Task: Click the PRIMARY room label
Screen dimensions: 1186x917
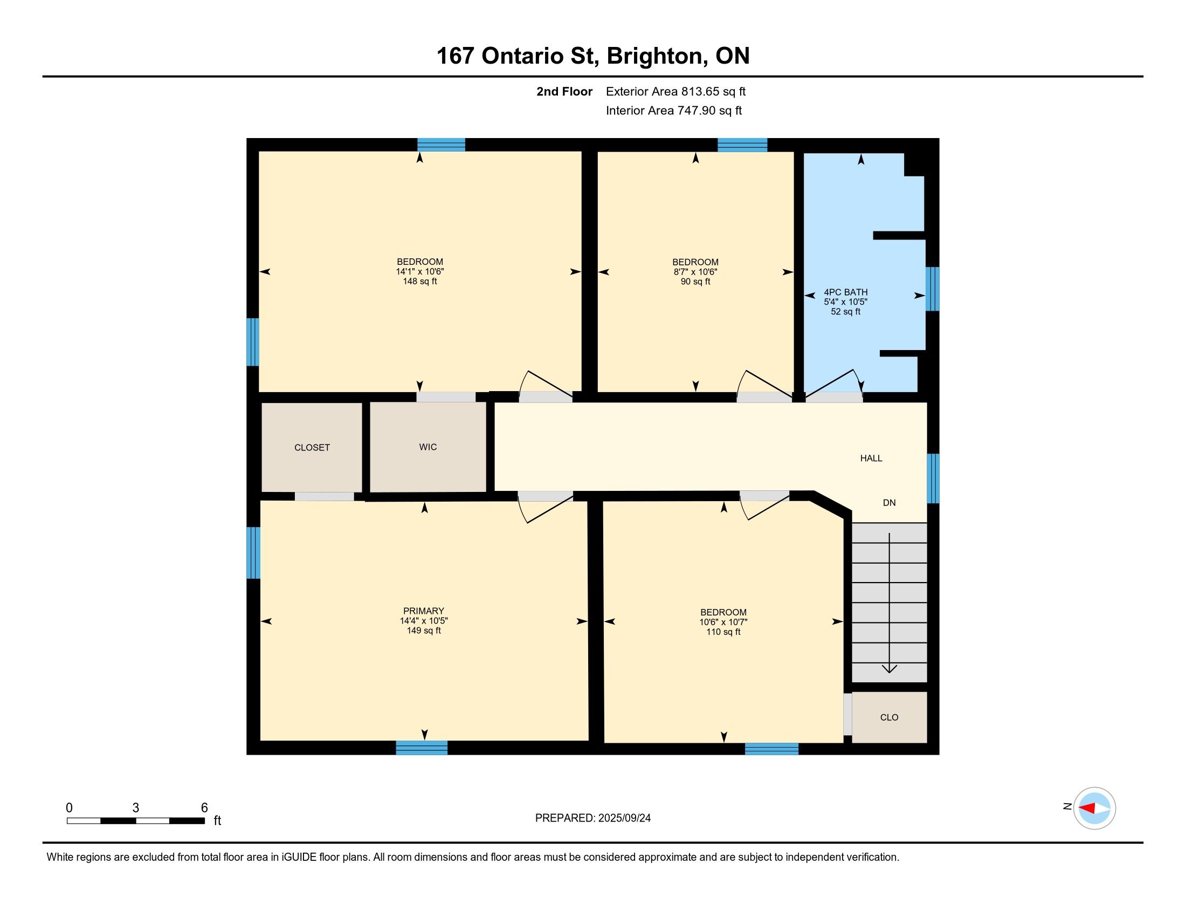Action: point(424,611)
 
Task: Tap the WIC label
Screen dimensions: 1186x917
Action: point(428,447)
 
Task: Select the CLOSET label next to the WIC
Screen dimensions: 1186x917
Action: point(312,448)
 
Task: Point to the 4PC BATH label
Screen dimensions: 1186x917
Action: point(845,292)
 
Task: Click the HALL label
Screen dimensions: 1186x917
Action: point(871,458)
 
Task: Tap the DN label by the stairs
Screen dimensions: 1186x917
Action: point(889,503)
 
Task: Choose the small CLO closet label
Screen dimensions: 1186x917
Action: point(889,717)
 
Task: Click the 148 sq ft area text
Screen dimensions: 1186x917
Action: point(420,282)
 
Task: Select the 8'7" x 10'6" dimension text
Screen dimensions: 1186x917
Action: point(695,272)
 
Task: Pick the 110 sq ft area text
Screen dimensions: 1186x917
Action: point(723,632)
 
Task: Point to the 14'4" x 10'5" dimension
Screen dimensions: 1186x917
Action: point(424,621)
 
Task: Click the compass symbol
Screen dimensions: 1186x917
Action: point(1094,809)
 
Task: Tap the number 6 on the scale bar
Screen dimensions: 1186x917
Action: point(204,808)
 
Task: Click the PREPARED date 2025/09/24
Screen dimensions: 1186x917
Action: point(624,818)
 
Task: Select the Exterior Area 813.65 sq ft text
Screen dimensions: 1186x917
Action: point(675,92)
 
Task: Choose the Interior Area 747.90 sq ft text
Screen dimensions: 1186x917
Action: point(673,111)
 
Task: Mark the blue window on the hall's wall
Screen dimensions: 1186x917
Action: point(933,478)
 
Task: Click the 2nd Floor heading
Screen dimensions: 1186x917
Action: point(564,92)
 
